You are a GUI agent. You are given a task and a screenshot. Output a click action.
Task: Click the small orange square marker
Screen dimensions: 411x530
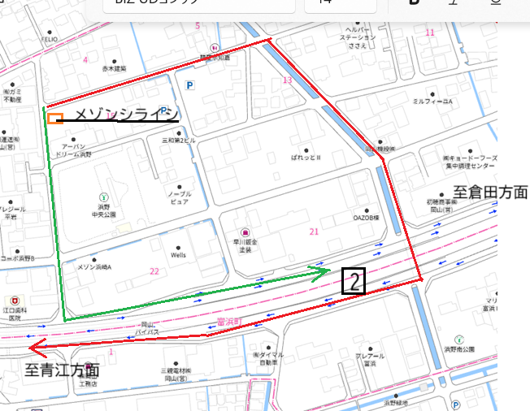coord(54,119)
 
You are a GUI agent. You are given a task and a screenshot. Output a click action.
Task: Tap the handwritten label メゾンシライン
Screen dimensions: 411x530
coord(126,117)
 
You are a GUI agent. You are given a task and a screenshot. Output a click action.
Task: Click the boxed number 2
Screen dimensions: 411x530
coord(354,281)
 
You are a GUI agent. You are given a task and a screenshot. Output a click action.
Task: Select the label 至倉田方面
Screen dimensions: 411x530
coord(490,193)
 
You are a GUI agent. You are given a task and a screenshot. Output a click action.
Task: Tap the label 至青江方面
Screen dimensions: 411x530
coord(62,370)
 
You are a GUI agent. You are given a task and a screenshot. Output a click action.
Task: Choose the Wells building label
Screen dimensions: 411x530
coord(178,254)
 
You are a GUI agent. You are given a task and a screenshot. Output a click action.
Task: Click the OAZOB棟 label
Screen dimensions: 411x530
coord(367,218)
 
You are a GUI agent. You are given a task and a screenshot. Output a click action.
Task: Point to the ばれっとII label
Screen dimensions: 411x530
coord(307,157)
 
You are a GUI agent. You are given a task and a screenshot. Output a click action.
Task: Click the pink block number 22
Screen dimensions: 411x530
coord(154,271)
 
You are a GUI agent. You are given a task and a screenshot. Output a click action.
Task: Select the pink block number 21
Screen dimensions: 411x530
coord(314,232)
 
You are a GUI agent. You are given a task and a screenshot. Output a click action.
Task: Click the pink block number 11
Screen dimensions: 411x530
coord(430,32)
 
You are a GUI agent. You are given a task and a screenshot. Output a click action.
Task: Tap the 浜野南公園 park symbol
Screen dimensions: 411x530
coord(459,340)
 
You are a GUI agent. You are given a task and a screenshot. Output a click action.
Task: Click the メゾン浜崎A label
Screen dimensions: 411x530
coord(94,266)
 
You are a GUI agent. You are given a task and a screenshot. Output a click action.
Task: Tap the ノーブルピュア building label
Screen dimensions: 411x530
coord(179,197)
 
